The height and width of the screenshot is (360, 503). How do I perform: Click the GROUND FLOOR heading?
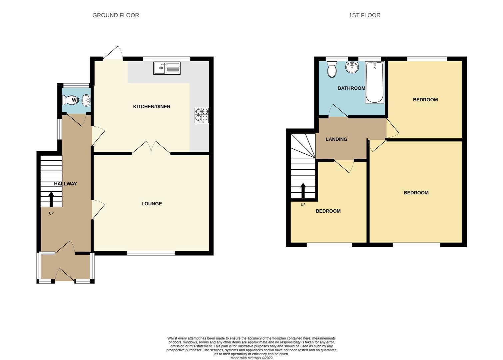[x=116, y=15]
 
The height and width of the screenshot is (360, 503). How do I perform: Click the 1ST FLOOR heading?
[x=364, y=15]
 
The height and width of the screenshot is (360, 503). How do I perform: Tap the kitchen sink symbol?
[x=167, y=68]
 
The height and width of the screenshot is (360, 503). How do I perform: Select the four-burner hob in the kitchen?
[x=202, y=115]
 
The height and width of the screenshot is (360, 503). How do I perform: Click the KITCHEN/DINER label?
[x=152, y=107]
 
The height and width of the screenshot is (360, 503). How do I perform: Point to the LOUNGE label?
[x=152, y=204]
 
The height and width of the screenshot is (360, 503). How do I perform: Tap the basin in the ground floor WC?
[x=87, y=100]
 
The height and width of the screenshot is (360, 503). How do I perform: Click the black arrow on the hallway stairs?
[x=51, y=199]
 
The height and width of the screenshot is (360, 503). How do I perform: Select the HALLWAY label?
[x=65, y=184]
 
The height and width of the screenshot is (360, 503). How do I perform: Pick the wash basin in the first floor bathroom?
[x=352, y=68]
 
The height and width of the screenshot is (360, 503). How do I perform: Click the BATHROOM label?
[x=351, y=88]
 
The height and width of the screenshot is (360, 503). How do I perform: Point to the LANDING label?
[x=336, y=139]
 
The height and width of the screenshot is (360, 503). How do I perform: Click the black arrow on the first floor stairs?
[x=303, y=190]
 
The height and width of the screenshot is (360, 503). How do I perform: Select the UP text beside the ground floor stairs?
[x=51, y=213]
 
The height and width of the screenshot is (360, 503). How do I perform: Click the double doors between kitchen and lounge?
[x=151, y=148]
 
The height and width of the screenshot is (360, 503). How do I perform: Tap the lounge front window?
[x=151, y=253]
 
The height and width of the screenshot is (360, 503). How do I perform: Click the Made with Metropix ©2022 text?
[x=251, y=358]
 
